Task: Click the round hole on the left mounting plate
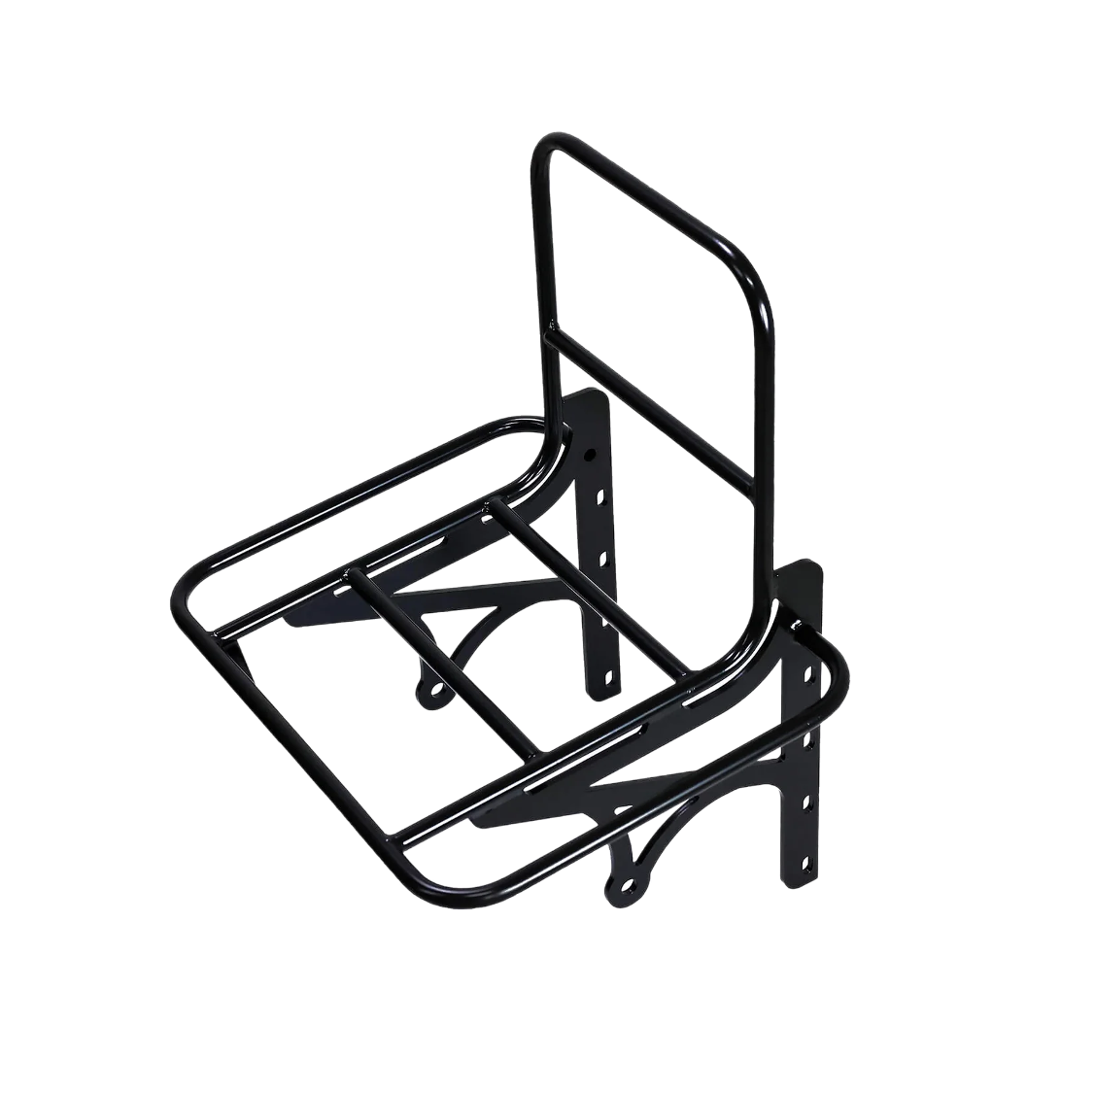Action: click(x=590, y=453)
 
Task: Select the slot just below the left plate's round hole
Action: click(x=595, y=497)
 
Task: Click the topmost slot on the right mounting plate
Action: click(x=805, y=670)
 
